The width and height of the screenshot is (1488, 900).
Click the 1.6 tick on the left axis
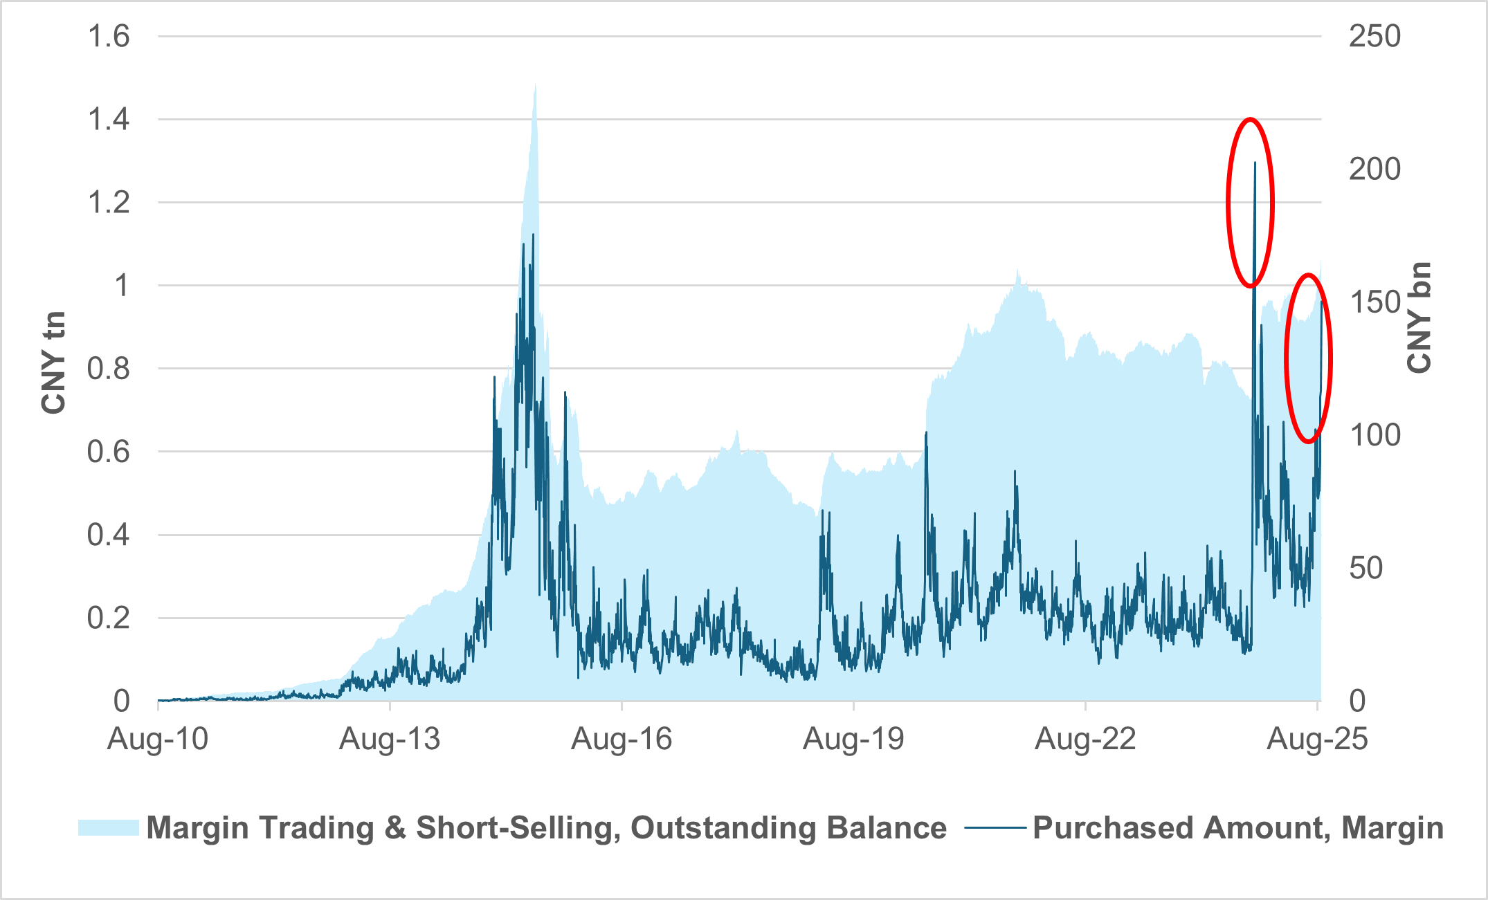pyautogui.click(x=109, y=36)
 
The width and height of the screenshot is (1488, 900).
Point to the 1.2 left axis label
pyautogui.click(x=109, y=203)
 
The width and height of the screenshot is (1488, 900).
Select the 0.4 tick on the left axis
pyautogui.click(x=109, y=535)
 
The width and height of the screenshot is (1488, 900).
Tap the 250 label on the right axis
pyautogui.click(x=1374, y=36)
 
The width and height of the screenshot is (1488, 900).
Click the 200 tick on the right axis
pyautogui.click(x=1374, y=169)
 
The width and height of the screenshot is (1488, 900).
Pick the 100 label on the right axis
pyautogui.click(x=1374, y=435)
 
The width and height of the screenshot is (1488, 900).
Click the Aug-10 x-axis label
pyautogui.click(x=158, y=739)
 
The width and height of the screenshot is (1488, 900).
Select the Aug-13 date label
pyautogui.click(x=390, y=739)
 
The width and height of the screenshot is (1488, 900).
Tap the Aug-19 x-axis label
pyautogui.click(x=853, y=739)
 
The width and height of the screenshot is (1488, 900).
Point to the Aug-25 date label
pyautogui.click(x=1317, y=739)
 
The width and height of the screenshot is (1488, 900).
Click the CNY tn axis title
pyautogui.click(x=53, y=362)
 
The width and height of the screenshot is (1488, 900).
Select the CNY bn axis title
pyautogui.click(x=1419, y=318)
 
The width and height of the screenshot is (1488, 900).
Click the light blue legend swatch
pyautogui.click(x=109, y=827)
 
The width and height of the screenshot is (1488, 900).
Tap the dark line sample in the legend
pyautogui.click(x=995, y=827)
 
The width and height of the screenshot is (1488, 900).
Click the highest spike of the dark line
pyautogui.click(x=1255, y=163)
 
